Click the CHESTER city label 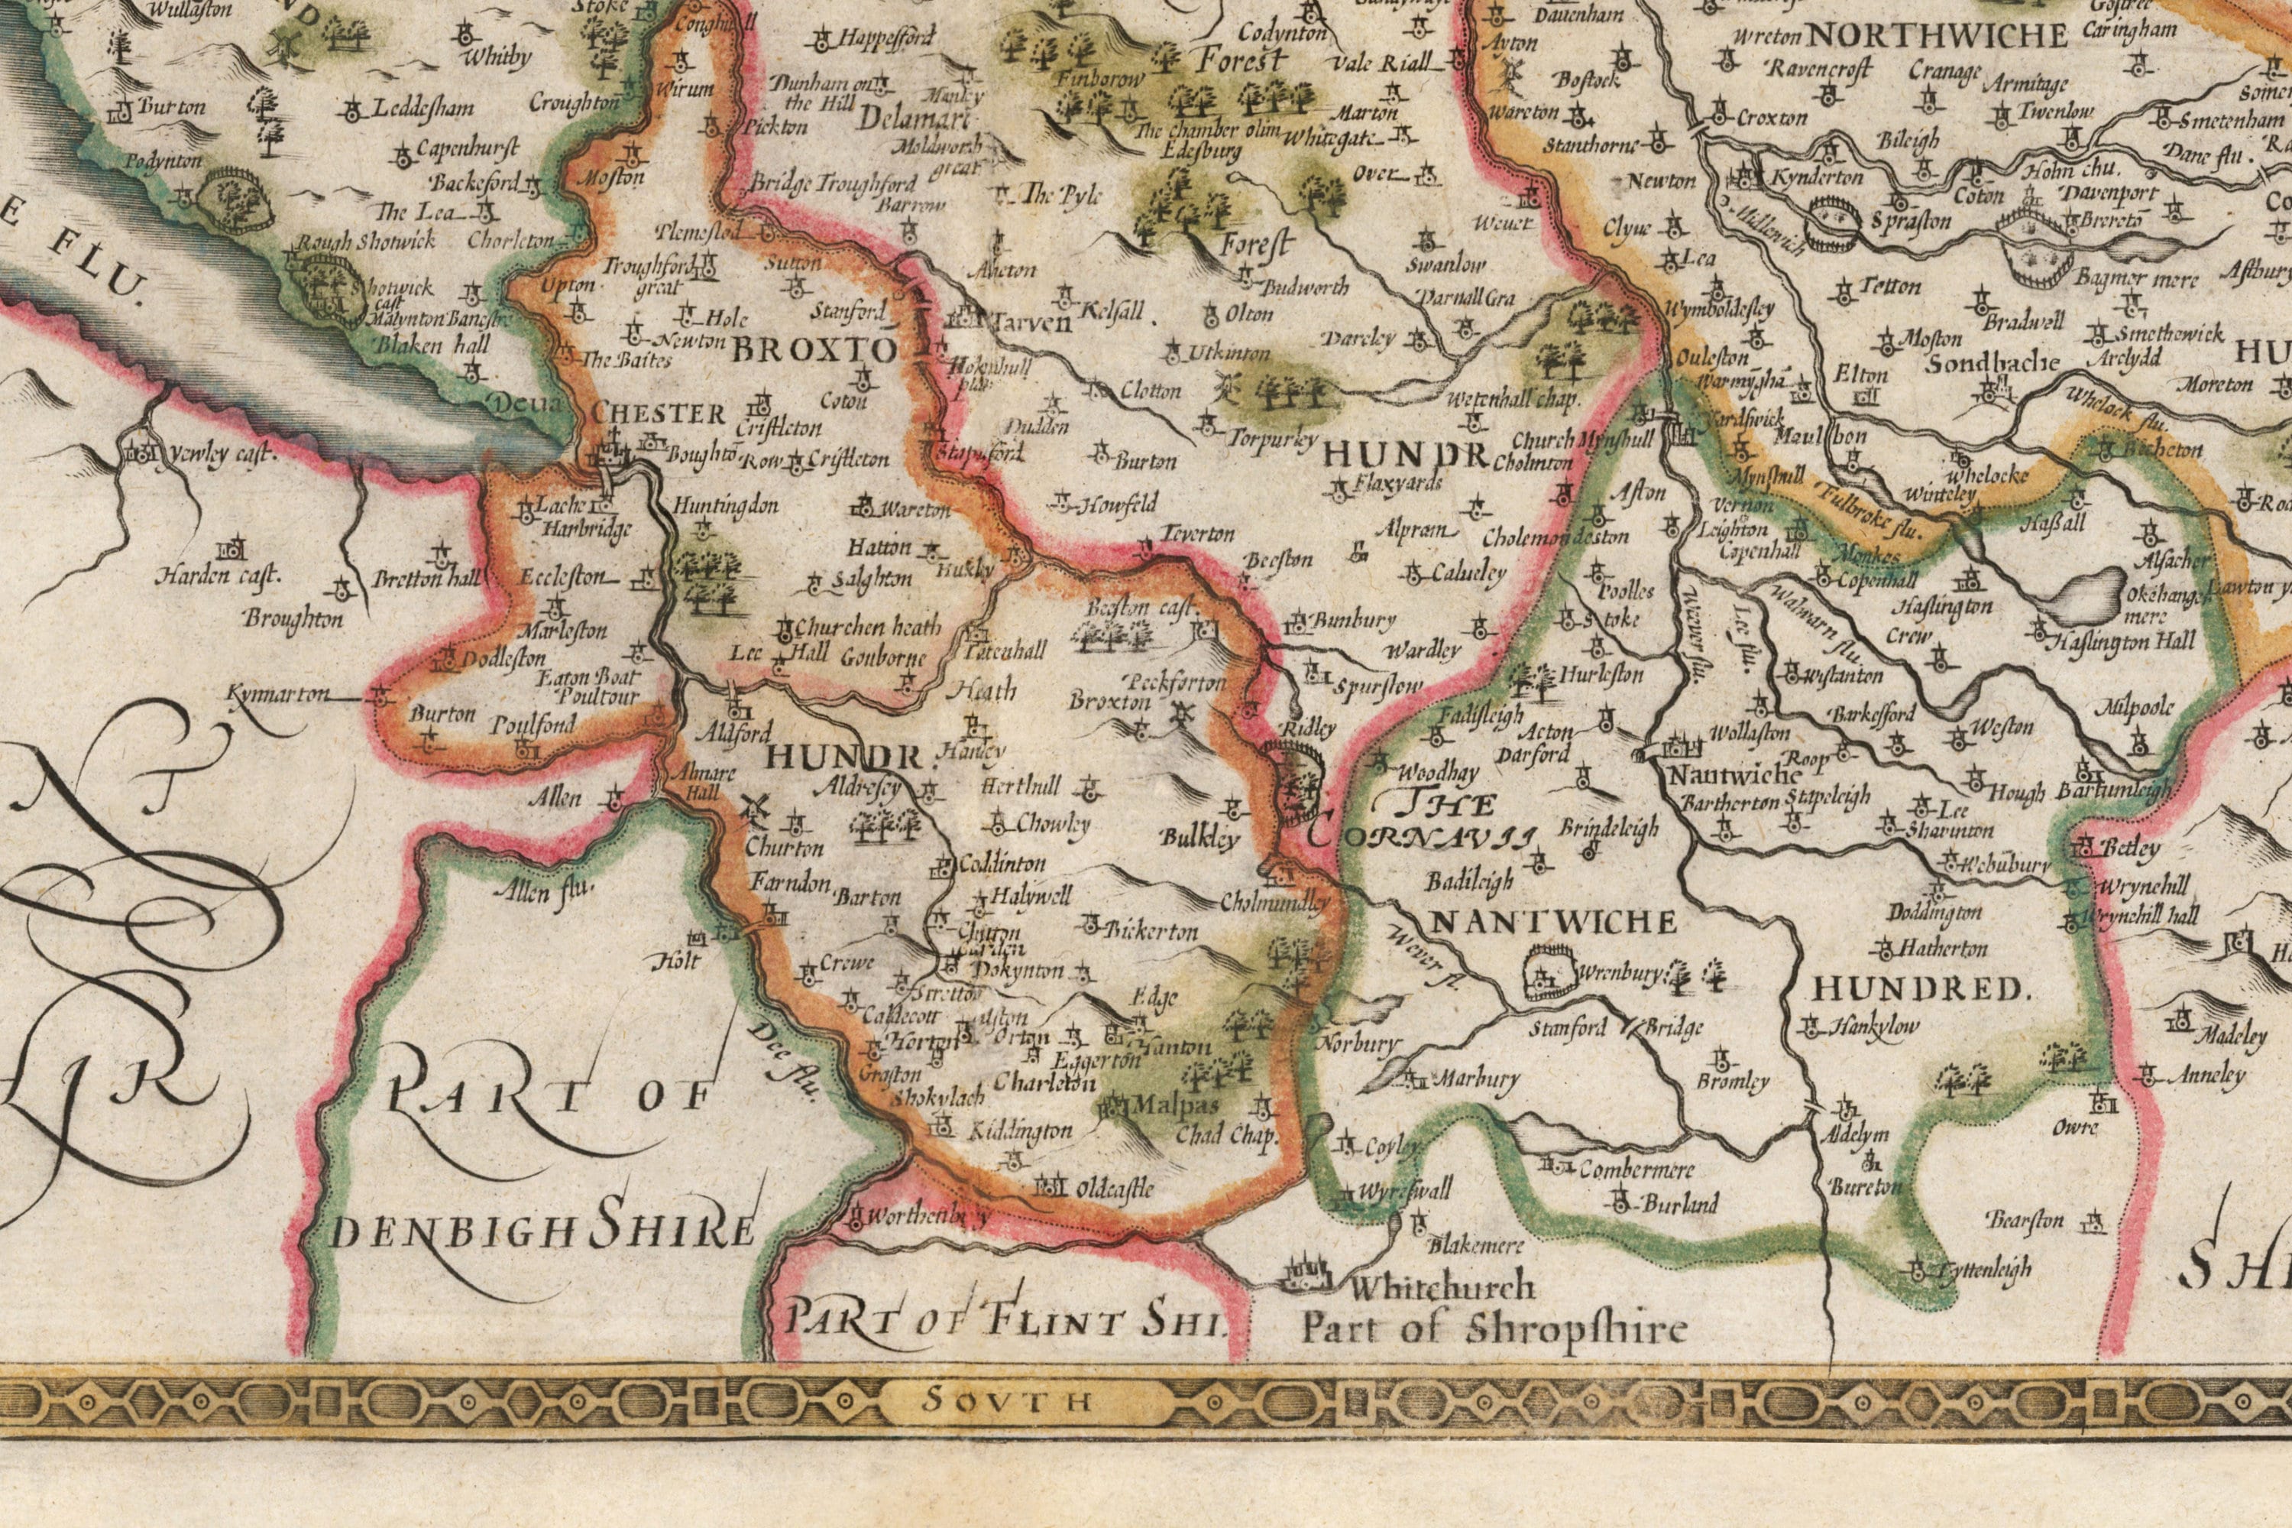(x=659, y=414)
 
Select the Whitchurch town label (x=1442, y=1287)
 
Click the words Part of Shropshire (x=1494, y=1328)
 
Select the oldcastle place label (x=1113, y=1189)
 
